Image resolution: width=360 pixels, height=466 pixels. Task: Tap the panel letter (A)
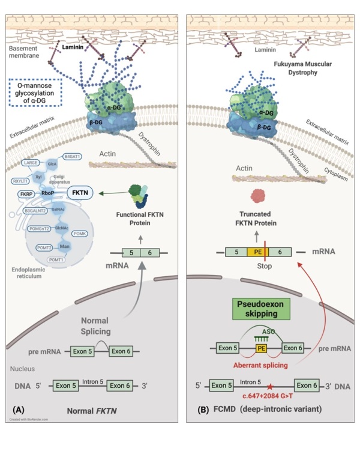coord(18,411)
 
